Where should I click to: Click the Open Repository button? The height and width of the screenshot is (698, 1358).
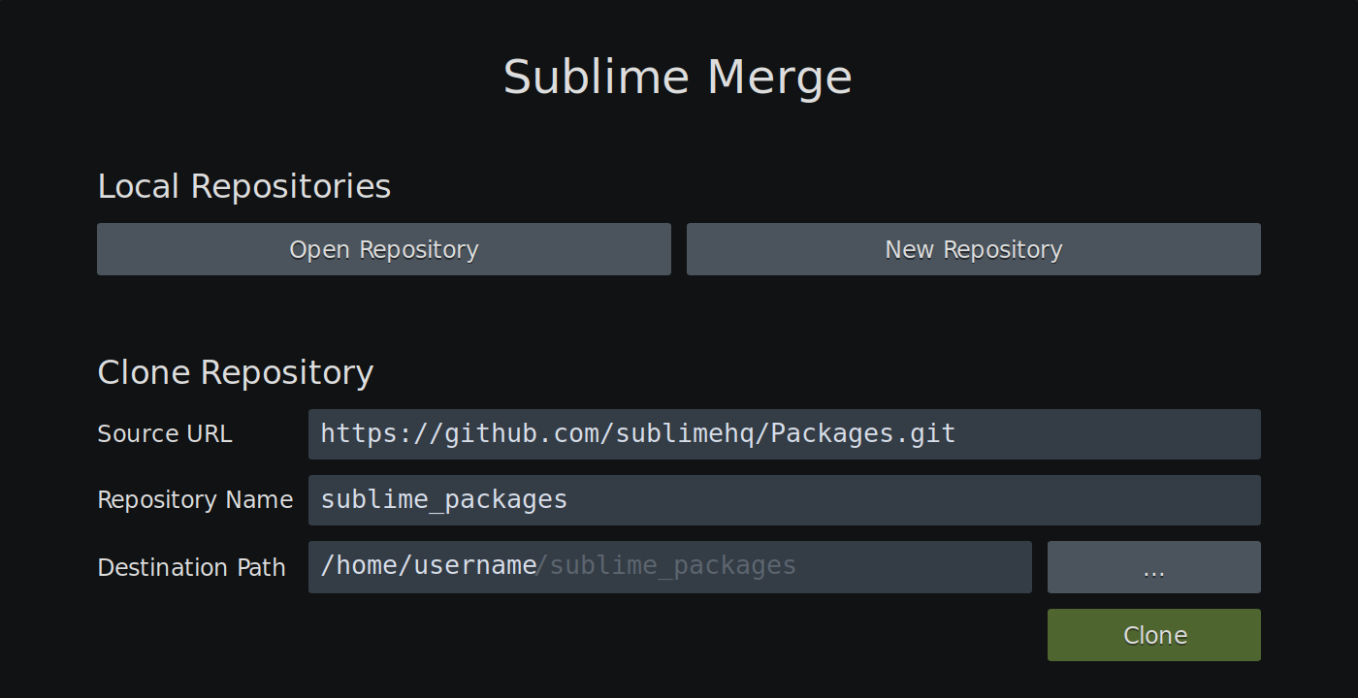383,249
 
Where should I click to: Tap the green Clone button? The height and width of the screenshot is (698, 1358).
1153,635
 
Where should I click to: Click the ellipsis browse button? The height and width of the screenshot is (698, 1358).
1153,567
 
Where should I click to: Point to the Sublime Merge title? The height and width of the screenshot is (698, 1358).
677,78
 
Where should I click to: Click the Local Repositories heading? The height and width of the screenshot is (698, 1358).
243,186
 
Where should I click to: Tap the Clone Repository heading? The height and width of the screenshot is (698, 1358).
235,372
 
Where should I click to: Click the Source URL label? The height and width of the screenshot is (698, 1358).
165,434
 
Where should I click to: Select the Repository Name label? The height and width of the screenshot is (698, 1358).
195,500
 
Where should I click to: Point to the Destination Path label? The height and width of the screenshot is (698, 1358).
191,568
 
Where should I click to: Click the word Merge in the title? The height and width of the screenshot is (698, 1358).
779,78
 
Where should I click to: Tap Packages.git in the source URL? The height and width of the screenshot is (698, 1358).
863,433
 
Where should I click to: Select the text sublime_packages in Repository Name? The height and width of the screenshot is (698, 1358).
443,499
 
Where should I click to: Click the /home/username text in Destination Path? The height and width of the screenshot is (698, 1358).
429,565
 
